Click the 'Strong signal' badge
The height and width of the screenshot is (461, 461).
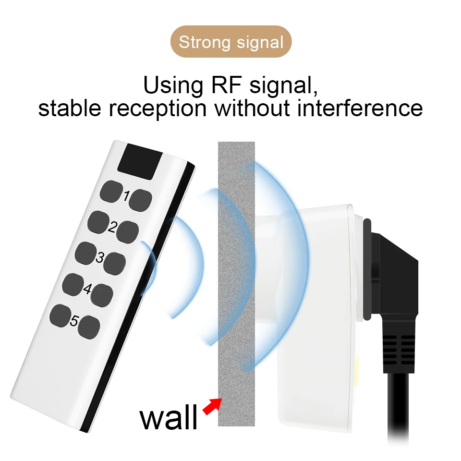pyautogui.click(x=231, y=42)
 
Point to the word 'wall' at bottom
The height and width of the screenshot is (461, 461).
pyautogui.click(x=169, y=416)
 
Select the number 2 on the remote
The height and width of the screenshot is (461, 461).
pyautogui.click(x=112, y=227)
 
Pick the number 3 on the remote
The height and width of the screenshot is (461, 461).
pyautogui.click(x=100, y=257)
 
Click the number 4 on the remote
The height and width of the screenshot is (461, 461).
pyautogui.click(x=87, y=289)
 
